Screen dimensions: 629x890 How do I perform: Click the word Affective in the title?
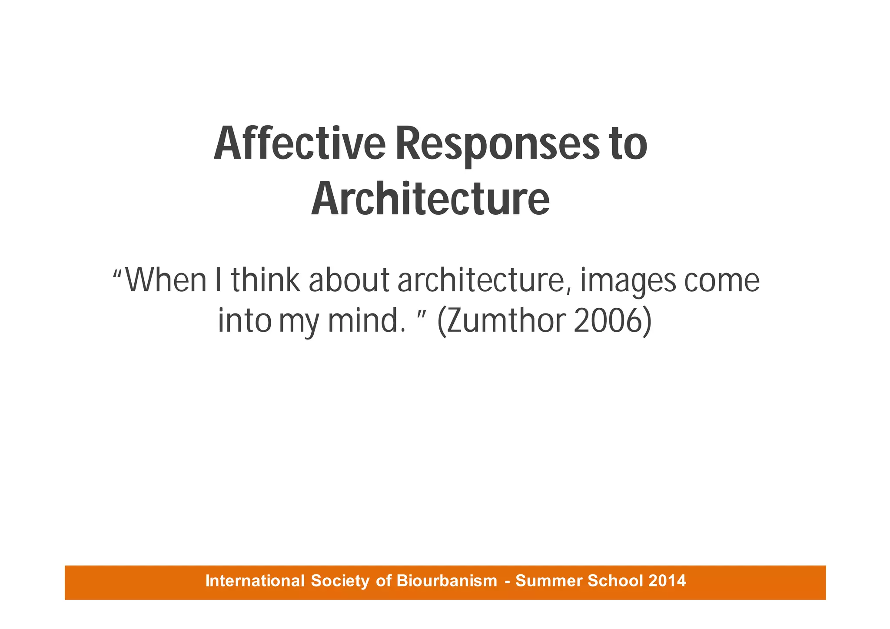pyautogui.click(x=299, y=144)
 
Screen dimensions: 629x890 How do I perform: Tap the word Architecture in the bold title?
pyautogui.click(x=430, y=200)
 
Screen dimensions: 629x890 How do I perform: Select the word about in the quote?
pyautogui.click(x=349, y=280)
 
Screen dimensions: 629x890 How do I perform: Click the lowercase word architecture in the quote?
pyautogui.click(x=484, y=281)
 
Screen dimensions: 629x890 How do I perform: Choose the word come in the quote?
pyautogui.click(x=722, y=281)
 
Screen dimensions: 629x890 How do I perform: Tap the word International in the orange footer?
pyautogui.click(x=255, y=581)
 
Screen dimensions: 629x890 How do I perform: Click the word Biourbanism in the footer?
pyautogui.click(x=447, y=581)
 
